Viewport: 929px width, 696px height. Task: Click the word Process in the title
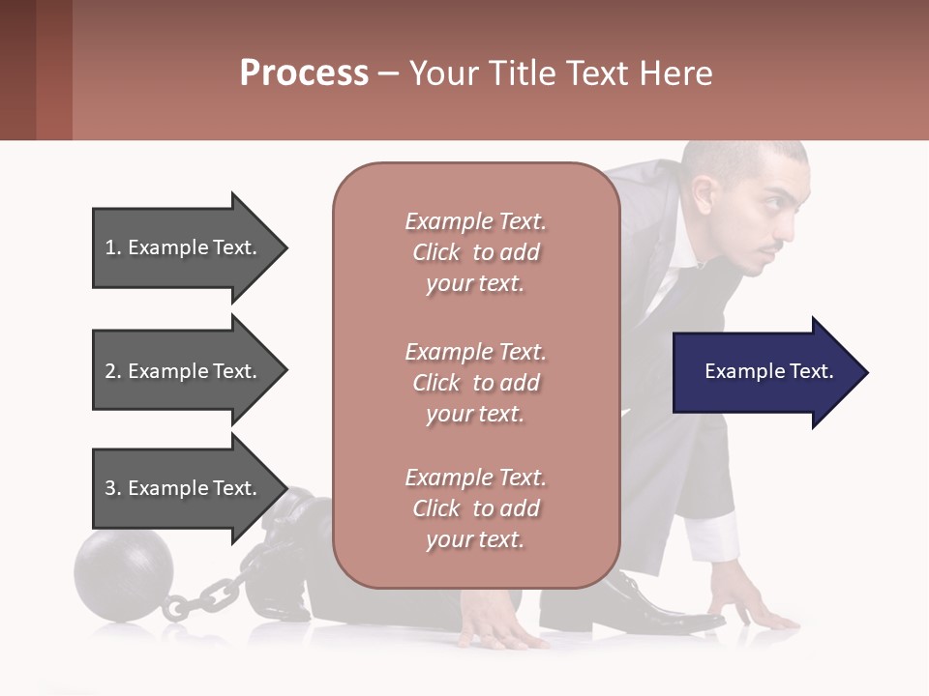pyautogui.click(x=304, y=72)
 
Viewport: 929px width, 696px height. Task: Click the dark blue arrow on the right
pyautogui.click(x=769, y=372)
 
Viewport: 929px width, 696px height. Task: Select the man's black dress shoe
pyautogui.click(x=658, y=605)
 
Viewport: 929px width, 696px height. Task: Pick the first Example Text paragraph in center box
pyautogui.click(x=475, y=252)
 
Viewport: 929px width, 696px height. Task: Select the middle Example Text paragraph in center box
pyautogui.click(x=475, y=382)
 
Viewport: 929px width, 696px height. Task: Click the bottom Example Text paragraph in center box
pyautogui.click(x=475, y=508)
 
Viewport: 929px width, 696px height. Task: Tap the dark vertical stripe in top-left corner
pyautogui.click(x=17, y=70)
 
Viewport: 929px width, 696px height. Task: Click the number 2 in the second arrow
pyautogui.click(x=109, y=371)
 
